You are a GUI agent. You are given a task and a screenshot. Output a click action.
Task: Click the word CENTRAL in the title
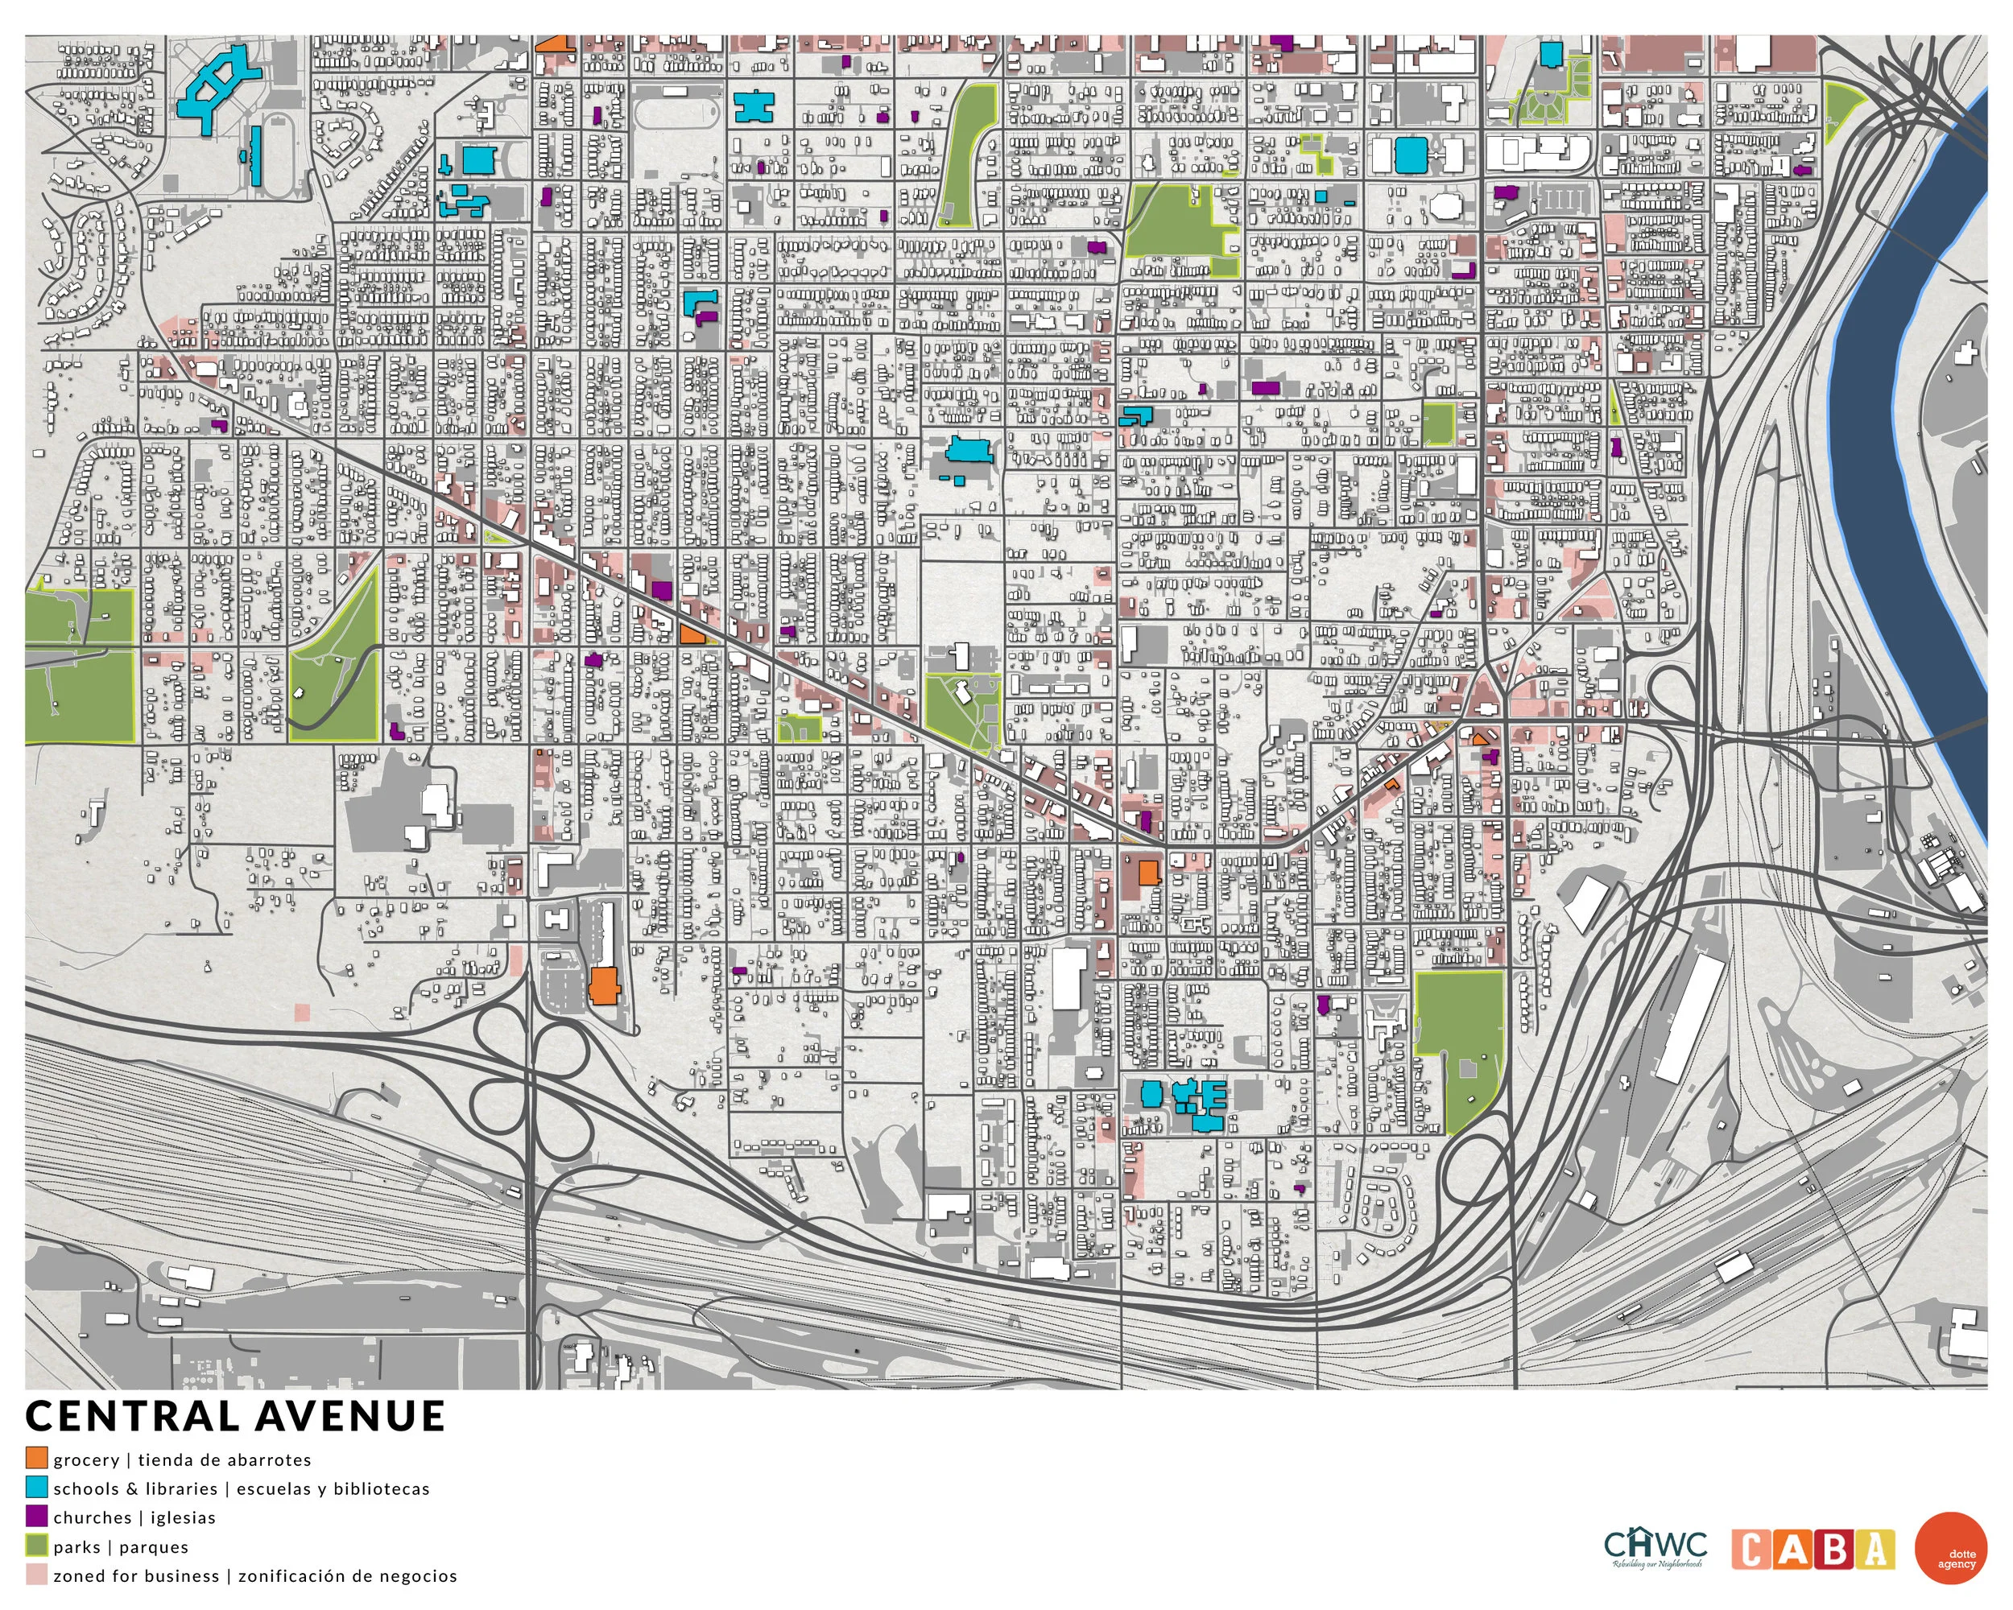coord(133,1417)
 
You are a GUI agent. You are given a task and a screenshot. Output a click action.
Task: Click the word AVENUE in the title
coord(350,1417)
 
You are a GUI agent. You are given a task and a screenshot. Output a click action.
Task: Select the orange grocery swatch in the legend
coord(36,1459)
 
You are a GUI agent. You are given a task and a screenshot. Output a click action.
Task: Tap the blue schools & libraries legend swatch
coord(36,1488)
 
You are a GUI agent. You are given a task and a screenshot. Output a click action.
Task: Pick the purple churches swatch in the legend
coord(36,1517)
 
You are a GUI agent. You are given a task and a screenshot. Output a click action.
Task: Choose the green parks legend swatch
coord(36,1546)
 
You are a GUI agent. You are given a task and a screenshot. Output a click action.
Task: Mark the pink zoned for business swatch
coord(36,1575)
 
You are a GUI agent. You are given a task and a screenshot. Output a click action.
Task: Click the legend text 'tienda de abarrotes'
coord(224,1459)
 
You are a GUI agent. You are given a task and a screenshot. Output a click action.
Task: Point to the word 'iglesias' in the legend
coord(183,1517)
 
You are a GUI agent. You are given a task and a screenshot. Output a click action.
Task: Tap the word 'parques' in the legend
coord(154,1546)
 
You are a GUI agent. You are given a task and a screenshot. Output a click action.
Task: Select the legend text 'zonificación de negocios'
coord(347,1575)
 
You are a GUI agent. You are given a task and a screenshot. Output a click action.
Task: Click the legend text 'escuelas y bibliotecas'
coord(333,1488)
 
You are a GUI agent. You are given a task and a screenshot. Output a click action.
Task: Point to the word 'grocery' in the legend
coord(86,1459)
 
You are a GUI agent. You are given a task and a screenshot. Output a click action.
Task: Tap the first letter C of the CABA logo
coord(1751,1550)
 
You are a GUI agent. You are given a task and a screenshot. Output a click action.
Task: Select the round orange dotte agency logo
coord(1950,1548)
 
